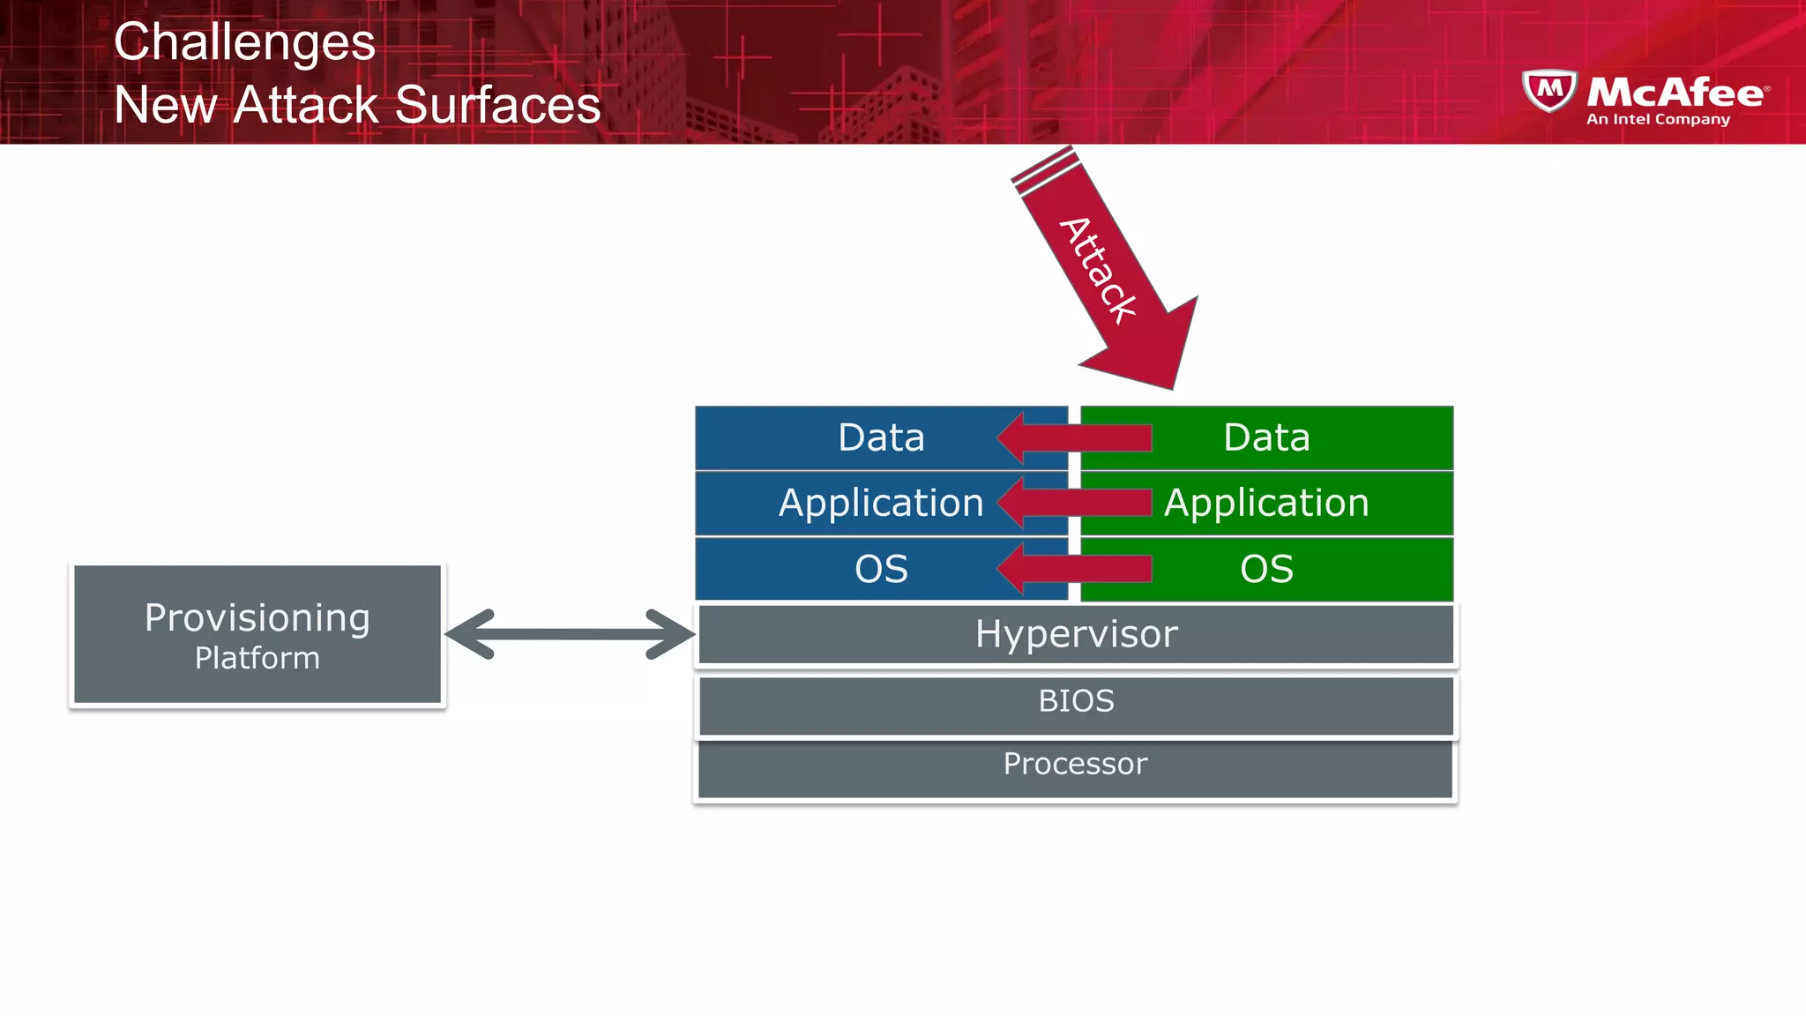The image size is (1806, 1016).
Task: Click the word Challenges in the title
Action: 244,42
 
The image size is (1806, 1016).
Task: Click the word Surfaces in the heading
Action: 497,105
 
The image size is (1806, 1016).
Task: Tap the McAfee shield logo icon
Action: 1549,90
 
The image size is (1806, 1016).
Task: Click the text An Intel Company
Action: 1658,119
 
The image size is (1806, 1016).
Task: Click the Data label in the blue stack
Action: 881,437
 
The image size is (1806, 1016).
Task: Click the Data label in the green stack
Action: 1266,437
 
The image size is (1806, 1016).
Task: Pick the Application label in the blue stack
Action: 881,503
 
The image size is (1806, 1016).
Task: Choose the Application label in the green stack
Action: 1266,503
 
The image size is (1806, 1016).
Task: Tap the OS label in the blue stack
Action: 881,569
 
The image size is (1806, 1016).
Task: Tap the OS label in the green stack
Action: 1266,569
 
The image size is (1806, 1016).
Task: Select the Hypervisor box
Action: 1076,634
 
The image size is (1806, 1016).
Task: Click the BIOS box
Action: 1076,702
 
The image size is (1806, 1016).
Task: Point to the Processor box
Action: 1076,765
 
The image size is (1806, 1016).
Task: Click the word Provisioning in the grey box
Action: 257,617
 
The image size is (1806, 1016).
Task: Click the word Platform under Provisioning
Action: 257,658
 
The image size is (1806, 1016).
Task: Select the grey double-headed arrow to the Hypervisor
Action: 570,634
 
